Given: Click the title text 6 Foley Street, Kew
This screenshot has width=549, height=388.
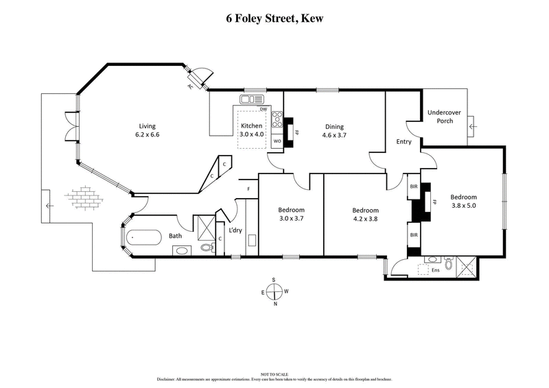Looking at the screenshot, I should click(x=274, y=19).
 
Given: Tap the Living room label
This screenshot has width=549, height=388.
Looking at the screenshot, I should click(x=148, y=125).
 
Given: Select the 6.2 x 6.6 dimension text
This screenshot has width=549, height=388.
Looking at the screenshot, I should click(x=148, y=135).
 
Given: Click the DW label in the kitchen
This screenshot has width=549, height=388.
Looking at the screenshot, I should click(x=263, y=109).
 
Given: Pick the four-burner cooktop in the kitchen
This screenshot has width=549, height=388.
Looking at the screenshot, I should click(x=277, y=120).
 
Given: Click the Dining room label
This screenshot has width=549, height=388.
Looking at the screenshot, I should click(x=334, y=126).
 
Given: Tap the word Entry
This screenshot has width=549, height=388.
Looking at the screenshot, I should click(x=404, y=142).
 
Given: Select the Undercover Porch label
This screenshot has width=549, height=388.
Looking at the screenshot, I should click(x=445, y=117).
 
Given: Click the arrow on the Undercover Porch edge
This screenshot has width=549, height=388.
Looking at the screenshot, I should click(x=471, y=126).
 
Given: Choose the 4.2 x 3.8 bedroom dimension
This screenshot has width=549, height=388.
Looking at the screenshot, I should click(x=365, y=219).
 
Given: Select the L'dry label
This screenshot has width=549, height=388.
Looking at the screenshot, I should click(x=235, y=230).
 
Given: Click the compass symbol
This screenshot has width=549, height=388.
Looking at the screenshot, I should click(x=274, y=292).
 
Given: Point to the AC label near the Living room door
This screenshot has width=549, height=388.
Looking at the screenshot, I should click(x=189, y=87).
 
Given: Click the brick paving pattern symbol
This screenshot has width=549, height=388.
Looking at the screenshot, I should click(x=82, y=197).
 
